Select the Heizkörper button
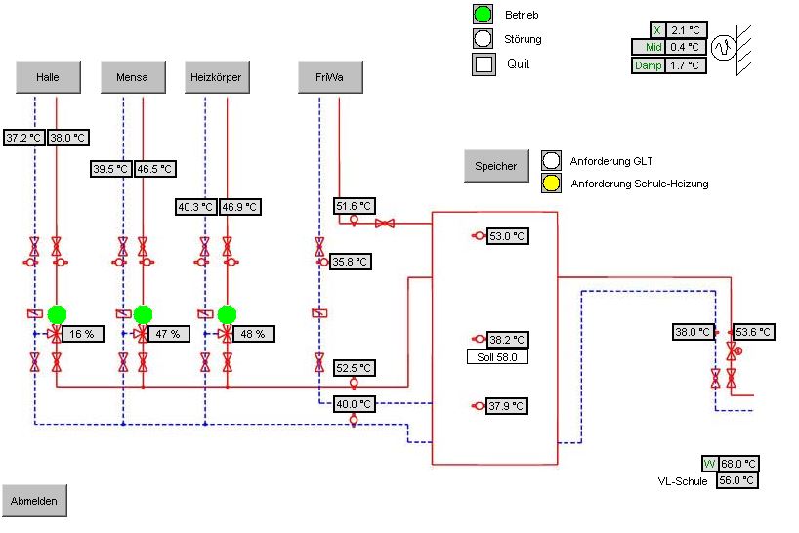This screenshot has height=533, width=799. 215,76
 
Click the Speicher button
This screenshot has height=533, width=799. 495,166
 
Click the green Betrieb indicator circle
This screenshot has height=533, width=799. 483,15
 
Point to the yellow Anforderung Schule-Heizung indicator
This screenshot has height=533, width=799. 551,183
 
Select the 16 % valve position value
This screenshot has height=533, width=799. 81,334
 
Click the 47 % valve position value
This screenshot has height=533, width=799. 167,334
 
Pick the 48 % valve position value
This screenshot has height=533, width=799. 251,334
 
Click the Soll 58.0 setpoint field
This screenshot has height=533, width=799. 497,357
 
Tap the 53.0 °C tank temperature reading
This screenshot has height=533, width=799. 507,236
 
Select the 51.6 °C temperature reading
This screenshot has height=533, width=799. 354,206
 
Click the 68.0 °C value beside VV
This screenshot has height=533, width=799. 738,464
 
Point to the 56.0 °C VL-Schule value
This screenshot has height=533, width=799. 738,480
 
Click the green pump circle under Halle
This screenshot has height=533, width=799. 58,313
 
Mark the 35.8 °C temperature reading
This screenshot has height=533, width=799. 351,261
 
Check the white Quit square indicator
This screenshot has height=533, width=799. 483,64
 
